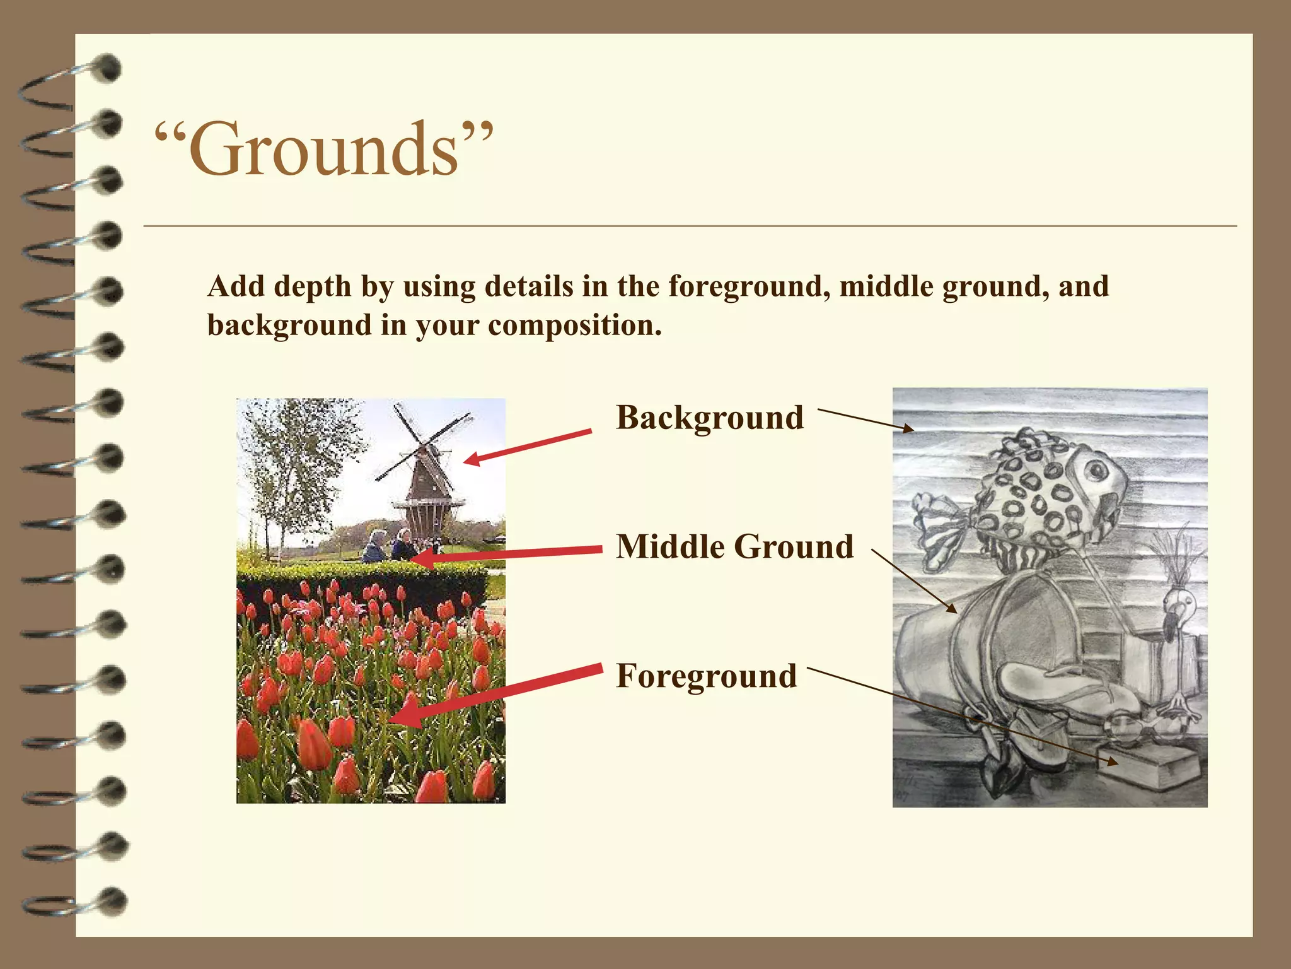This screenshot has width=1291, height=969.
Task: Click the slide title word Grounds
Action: tap(323, 150)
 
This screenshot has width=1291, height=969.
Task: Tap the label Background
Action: tap(710, 418)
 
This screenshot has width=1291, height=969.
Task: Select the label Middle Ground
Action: tap(734, 546)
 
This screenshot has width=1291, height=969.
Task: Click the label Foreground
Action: tap(706, 676)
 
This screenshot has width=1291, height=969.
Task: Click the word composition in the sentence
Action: tap(574, 326)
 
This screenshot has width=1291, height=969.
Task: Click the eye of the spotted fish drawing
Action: tap(1097, 470)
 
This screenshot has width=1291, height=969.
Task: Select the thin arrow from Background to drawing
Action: tap(865, 420)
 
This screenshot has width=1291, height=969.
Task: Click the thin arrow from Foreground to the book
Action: tap(958, 715)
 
